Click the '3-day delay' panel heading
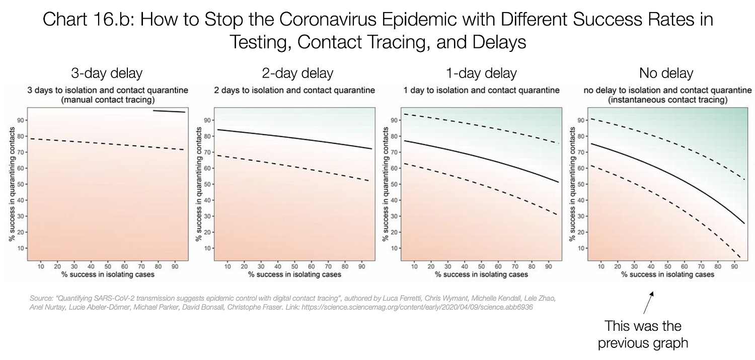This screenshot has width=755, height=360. point(106,74)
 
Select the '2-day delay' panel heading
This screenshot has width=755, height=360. point(297,74)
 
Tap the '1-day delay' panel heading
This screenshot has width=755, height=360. point(481,74)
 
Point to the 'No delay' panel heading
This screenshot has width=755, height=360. point(666,74)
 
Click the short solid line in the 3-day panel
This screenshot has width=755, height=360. point(169,111)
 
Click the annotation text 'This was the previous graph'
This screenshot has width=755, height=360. point(643,334)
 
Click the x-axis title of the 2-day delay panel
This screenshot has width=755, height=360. point(294,274)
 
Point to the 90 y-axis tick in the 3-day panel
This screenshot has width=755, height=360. point(20,120)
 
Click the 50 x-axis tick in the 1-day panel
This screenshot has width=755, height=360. point(481,266)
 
